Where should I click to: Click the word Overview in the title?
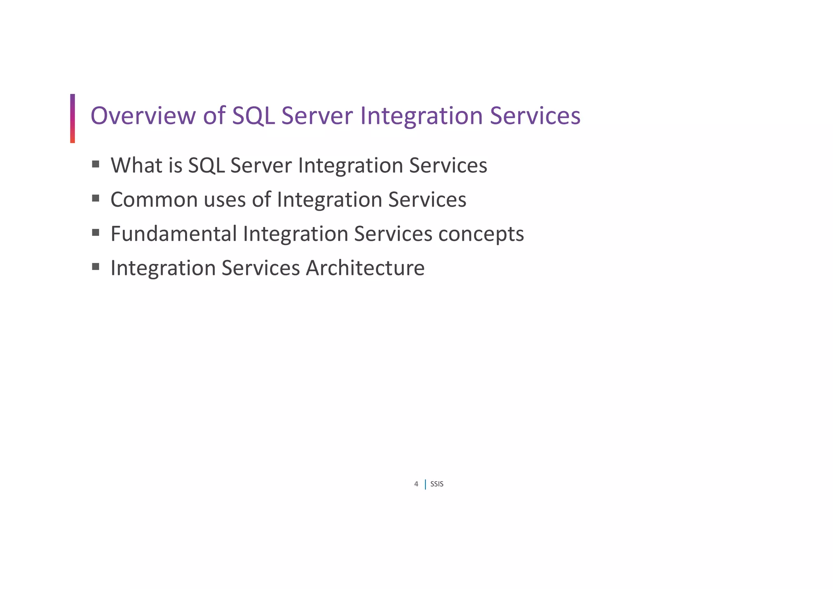click(x=143, y=116)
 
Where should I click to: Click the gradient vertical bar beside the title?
click(x=72, y=118)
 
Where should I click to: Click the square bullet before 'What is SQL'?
click(x=96, y=164)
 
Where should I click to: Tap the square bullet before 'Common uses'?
click(x=96, y=198)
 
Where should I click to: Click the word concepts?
click(x=481, y=234)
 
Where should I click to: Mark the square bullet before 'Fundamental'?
click(x=96, y=232)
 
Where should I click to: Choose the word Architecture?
click(x=365, y=268)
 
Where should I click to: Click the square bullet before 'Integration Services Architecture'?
click(x=96, y=266)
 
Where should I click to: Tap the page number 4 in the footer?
click(x=416, y=484)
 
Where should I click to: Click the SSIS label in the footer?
click(x=437, y=484)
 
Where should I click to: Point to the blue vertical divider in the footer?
click(x=425, y=484)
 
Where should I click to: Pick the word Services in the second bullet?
click(x=427, y=200)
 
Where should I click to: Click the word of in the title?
click(x=214, y=116)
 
